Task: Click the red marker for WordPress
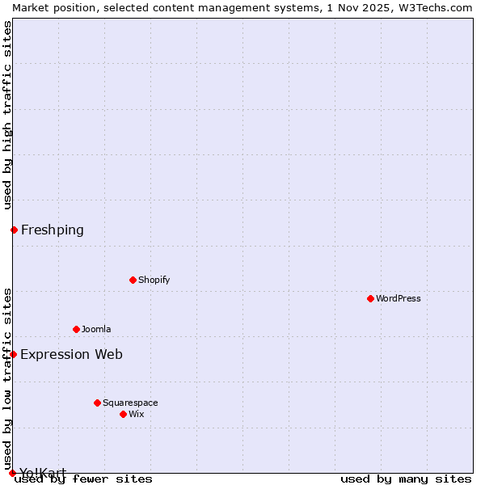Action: click(x=370, y=298)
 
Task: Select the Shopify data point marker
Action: click(x=133, y=280)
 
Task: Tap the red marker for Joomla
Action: click(x=76, y=329)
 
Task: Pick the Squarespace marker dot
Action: click(x=97, y=403)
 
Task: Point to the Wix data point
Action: click(x=123, y=414)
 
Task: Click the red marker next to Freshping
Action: click(x=14, y=230)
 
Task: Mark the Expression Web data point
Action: click(x=13, y=354)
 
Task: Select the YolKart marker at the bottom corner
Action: click(x=12, y=473)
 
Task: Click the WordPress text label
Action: click(x=398, y=298)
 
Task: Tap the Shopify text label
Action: click(x=154, y=280)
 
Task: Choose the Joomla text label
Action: click(x=96, y=329)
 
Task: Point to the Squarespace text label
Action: click(x=130, y=403)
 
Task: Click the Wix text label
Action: click(x=136, y=414)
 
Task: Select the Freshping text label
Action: click(x=52, y=230)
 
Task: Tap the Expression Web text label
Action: click(x=71, y=354)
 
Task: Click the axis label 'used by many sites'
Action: click(x=406, y=479)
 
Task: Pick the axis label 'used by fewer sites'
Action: click(x=83, y=479)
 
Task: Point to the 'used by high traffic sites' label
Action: click(x=7, y=115)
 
